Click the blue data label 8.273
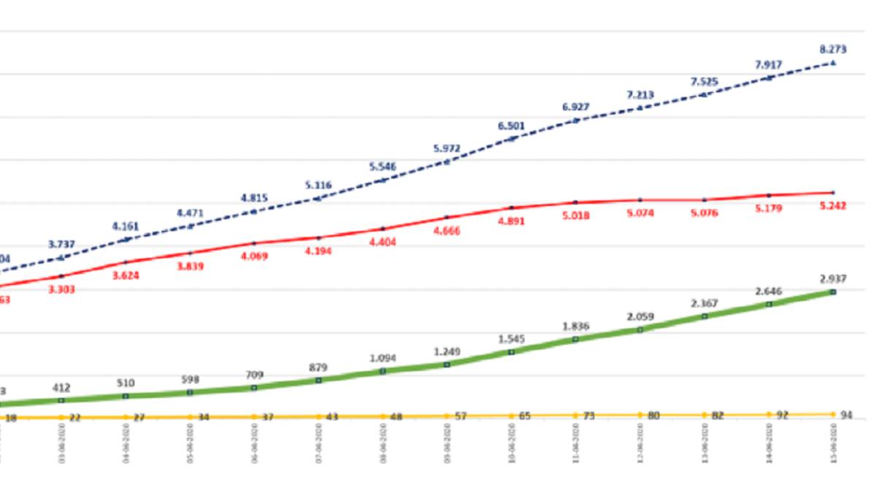pos(833,50)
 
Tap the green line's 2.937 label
pos(832,279)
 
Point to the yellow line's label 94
pos(846,415)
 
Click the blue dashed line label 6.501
pos(511,126)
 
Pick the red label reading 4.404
pos(383,242)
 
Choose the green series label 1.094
pos(383,359)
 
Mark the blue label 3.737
pos(61,244)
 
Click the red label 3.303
pos(61,289)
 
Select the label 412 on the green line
pos(61,387)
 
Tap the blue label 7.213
pos(640,95)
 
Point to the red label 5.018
pos(576,215)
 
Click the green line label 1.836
pos(576,326)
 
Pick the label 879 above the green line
pos(318,367)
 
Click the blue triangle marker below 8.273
pos(833,64)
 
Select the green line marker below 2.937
pos(833,292)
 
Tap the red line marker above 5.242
pos(833,193)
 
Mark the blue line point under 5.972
pos(447,162)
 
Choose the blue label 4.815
pos(254,198)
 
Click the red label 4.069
pos(254,256)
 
